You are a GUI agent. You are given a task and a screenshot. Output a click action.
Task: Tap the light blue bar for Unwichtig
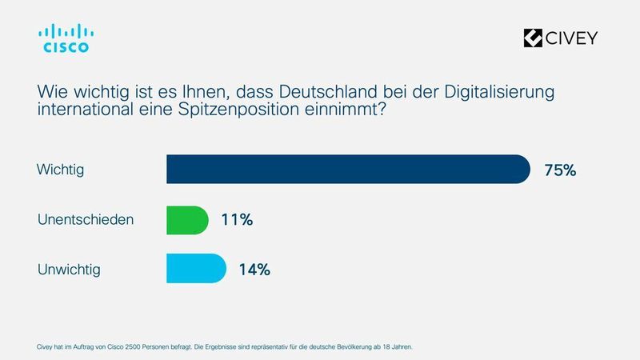click(x=196, y=268)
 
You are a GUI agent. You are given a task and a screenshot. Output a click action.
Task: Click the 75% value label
click(x=560, y=170)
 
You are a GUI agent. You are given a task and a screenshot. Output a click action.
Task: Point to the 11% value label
click(x=237, y=219)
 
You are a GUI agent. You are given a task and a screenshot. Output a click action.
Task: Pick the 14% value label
click(x=254, y=269)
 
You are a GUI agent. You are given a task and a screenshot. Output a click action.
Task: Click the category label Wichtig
click(x=61, y=170)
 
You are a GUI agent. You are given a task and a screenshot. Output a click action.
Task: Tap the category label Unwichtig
click(x=70, y=269)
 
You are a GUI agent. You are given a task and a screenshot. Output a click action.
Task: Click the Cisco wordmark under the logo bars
click(x=66, y=48)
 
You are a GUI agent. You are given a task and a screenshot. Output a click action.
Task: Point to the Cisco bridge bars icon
click(x=66, y=31)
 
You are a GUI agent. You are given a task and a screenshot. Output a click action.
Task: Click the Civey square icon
click(x=533, y=38)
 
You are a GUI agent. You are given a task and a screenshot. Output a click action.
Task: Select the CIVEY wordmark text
click(x=571, y=38)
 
